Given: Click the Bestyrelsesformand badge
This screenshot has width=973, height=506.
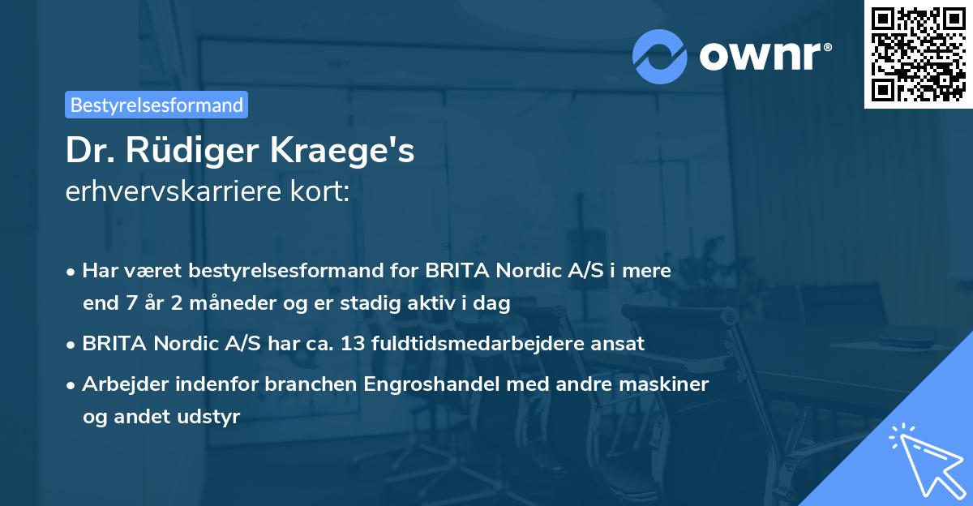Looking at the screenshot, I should point(156,105).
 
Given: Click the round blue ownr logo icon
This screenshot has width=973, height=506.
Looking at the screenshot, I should point(660,56).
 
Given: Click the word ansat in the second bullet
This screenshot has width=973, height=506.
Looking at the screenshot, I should point(618,343).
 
